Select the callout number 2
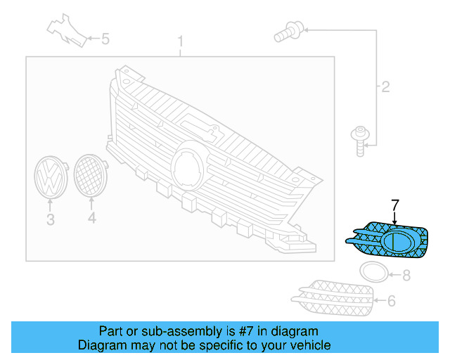click(x=385, y=87)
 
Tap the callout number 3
click(x=50, y=220)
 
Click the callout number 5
click(x=105, y=39)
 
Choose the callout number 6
click(x=392, y=301)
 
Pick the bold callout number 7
click(x=395, y=205)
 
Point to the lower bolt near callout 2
click(x=360, y=139)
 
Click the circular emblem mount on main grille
click(x=188, y=162)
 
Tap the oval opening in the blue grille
click(x=399, y=241)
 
